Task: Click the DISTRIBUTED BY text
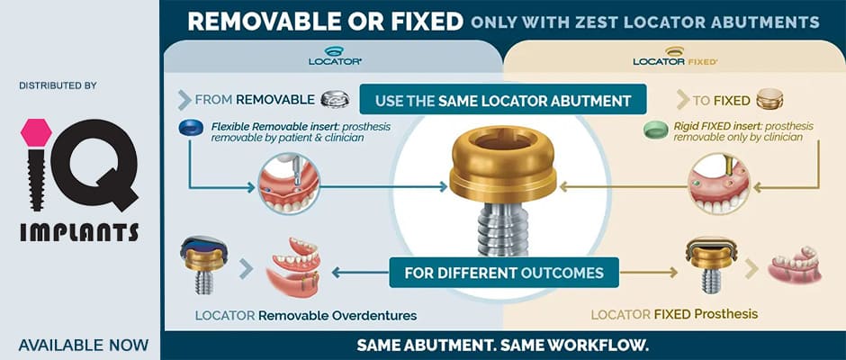58,85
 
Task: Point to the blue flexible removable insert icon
190,128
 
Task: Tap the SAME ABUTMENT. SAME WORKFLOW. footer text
502,345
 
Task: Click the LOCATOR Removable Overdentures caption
306,315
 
